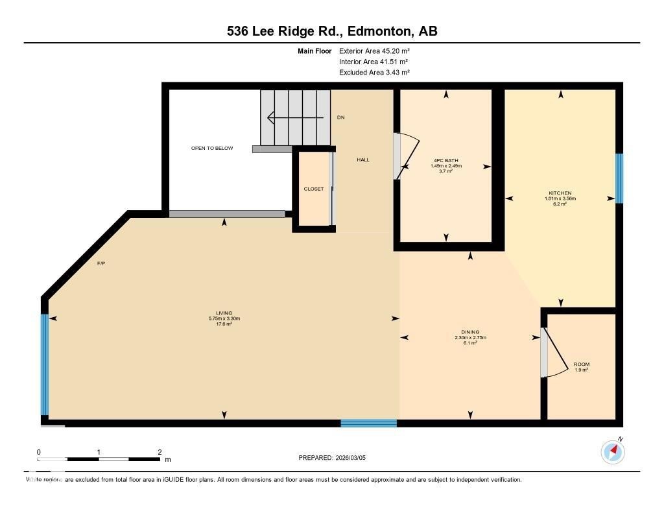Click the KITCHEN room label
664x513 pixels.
pos(560,193)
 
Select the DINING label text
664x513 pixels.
pos(470,331)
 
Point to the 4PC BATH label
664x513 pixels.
pos(446,160)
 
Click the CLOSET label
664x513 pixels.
pos(313,189)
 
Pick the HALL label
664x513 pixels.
pos(363,160)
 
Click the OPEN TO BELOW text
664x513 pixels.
pos(211,148)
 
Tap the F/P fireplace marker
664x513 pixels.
pos(101,264)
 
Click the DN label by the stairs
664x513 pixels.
pos(341,117)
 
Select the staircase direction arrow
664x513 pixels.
pos(295,117)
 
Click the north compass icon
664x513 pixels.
pos(612,451)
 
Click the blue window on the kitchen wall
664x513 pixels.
pos(619,178)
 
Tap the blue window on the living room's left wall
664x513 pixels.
pos(45,364)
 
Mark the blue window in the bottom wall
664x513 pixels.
pos(368,424)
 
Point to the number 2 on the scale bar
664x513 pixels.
pos(160,452)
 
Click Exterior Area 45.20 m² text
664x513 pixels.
pos(374,51)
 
